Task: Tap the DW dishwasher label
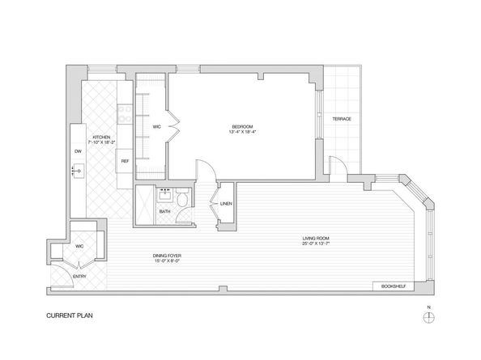tap(79, 151)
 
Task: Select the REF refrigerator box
tap(125, 161)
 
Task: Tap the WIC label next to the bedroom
tap(157, 127)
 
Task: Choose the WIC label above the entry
tap(80, 245)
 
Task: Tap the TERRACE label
tap(342, 120)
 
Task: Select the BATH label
tap(164, 212)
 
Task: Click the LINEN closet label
tap(225, 203)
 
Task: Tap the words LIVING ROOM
tap(316, 237)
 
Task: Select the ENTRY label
tap(79, 277)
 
